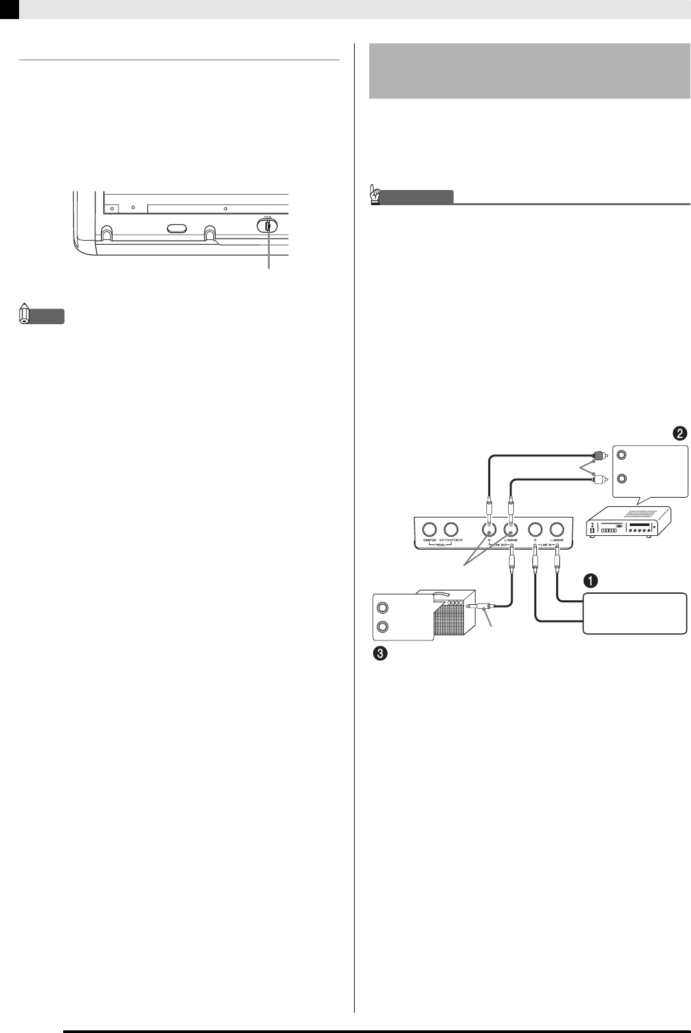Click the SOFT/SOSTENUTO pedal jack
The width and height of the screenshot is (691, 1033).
tap(451, 529)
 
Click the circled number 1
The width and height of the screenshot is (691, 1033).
tap(592, 580)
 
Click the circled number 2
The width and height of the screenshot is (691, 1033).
tap(679, 433)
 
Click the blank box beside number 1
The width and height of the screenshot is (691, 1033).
tap(635, 612)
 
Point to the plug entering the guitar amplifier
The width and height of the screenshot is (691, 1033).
tap(478, 609)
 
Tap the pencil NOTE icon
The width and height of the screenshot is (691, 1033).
tap(24, 315)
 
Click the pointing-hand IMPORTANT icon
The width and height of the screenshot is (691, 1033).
tap(374, 195)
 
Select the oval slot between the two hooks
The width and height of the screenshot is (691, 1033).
tap(174, 228)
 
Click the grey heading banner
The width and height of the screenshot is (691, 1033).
tap(529, 71)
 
